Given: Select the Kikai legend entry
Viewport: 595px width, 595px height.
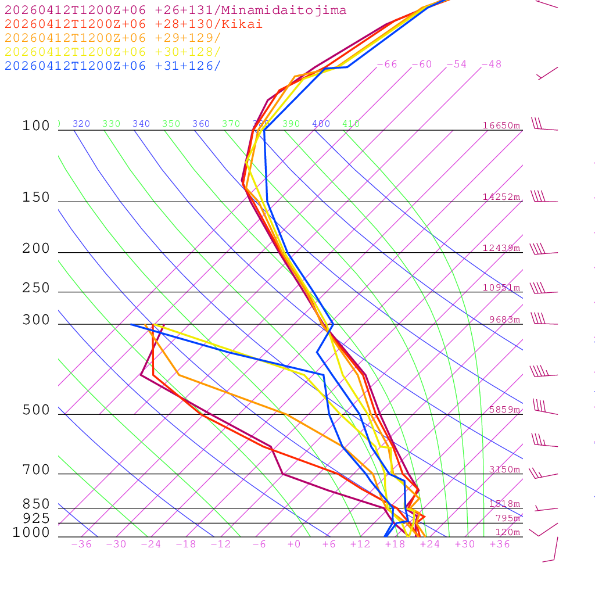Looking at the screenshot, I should point(134,24).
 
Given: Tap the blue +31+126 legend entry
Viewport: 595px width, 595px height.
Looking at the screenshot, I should point(113,66).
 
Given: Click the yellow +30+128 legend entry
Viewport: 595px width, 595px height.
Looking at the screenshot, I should point(113,52).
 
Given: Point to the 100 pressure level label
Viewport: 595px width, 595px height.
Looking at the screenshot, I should point(36,126).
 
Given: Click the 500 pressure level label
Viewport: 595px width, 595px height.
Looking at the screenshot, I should point(36,410).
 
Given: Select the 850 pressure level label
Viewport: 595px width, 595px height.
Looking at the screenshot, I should point(36,504).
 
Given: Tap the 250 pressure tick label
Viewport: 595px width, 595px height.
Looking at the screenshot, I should point(36,288).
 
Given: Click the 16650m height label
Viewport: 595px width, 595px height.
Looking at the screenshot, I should point(501,126).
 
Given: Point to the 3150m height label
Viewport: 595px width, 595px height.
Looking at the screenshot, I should point(504,469).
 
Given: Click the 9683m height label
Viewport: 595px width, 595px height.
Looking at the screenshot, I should point(504,320).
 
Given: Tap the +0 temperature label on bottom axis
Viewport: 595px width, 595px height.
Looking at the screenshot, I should point(294,544).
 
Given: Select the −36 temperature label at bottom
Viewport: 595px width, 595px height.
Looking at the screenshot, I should point(81,544).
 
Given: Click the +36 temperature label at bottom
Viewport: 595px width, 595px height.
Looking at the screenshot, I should point(500,544).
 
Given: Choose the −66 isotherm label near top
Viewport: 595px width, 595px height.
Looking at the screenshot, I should point(387,64).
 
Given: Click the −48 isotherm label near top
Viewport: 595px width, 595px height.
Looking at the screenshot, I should point(492,64).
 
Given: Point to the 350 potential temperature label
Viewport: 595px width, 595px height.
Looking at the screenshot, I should point(171,124).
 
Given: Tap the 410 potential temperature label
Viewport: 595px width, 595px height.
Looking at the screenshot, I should point(351,124).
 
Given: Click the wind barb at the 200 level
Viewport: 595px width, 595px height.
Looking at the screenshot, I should point(539,250).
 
